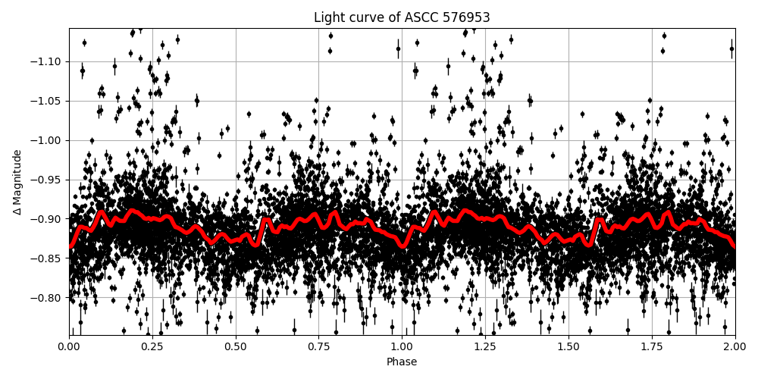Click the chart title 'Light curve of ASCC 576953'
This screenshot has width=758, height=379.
[402, 17]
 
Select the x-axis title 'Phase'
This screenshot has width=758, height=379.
[402, 362]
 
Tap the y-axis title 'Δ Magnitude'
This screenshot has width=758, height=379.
[17, 182]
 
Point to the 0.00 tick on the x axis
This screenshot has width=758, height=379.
[69, 347]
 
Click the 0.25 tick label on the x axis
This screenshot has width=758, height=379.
[152, 347]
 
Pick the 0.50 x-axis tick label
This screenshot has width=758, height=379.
[236, 347]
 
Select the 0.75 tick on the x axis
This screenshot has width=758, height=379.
[318, 347]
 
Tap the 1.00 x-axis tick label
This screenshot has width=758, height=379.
[402, 347]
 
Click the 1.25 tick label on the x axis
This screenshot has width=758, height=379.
[485, 347]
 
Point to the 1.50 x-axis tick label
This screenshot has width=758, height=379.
[568, 347]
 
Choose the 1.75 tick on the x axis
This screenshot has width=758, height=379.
[652, 347]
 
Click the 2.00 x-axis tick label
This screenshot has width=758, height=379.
[735, 347]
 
